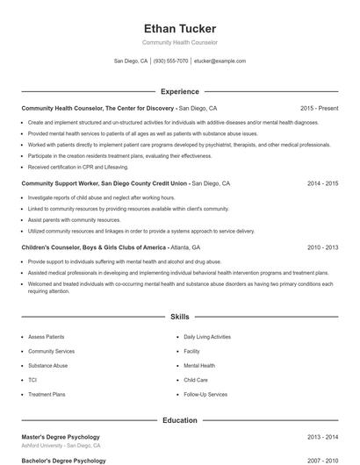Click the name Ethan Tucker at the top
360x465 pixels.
coord(179,28)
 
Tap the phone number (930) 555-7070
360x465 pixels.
coord(171,61)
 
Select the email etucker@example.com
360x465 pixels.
coord(220,61)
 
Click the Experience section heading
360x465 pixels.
coord(179,91)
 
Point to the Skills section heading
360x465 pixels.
coord(179,316)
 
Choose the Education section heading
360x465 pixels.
coord(179,420)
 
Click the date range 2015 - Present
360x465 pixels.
coord(319,108)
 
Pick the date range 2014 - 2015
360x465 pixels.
coord(322,184)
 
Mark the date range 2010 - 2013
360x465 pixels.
coord(322,248)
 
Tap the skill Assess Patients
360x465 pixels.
coord(47,336)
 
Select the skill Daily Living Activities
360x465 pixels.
coord(207,336)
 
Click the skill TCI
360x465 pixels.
coord(32,380)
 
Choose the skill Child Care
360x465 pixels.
coord(196,380)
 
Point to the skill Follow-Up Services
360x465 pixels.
coord(205,395)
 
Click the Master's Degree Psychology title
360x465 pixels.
coord(61,437)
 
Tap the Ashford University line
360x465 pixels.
coord(61,446)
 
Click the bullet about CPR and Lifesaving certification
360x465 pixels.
coord(78,166)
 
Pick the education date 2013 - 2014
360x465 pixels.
coord(322,437)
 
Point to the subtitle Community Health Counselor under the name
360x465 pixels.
coord(179,42)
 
